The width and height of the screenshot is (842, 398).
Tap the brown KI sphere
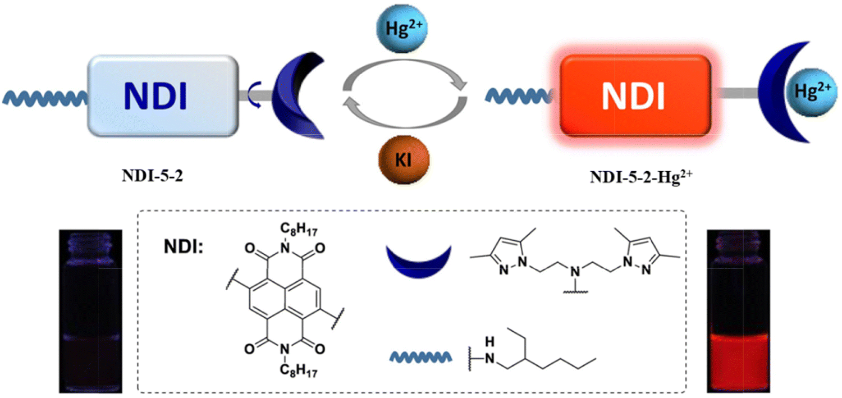pos(404,160)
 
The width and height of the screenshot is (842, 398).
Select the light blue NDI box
pos(163,96)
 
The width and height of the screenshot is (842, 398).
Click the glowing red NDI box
pos(635,95)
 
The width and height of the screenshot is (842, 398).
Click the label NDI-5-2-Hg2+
pos(641,177)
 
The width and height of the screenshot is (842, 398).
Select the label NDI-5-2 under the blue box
pos(152,176)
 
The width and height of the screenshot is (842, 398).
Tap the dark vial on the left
pos(90,311)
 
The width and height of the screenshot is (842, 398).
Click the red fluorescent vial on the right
pos(738,311)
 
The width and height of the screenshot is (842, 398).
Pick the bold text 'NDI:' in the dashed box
pos(184,248)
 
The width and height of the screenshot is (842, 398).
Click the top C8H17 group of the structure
pos(299,229)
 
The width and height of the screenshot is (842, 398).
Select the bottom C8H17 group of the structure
pos(299,370)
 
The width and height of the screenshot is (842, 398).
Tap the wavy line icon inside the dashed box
pos(420,357)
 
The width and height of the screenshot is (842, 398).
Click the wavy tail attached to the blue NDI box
pos(45,98)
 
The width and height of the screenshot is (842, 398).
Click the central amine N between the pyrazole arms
pos(575,271)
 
